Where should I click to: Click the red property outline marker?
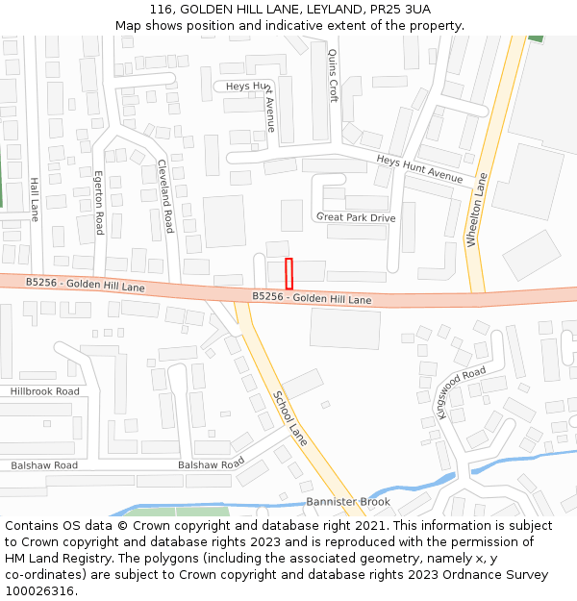click(288, 273)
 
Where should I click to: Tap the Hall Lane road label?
click(35, 199)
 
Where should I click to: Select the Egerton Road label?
click(98, 203)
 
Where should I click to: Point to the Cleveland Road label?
click(166, 196)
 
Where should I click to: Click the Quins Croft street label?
click(333, 76)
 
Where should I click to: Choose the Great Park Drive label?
click(356, 217)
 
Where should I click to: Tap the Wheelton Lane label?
click(477, 210)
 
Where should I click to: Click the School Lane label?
click(290, 417)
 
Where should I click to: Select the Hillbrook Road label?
click(44, 391)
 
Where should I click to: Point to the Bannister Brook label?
click(348, 502)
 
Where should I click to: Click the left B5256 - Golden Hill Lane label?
click(86, 286)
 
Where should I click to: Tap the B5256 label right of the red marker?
click(312, 298)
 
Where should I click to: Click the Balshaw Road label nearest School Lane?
click(211, 464)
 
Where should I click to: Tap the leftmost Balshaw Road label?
click(44, 465)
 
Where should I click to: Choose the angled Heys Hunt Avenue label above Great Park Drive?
click(419, 170)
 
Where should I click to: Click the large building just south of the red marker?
click(344, 328)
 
